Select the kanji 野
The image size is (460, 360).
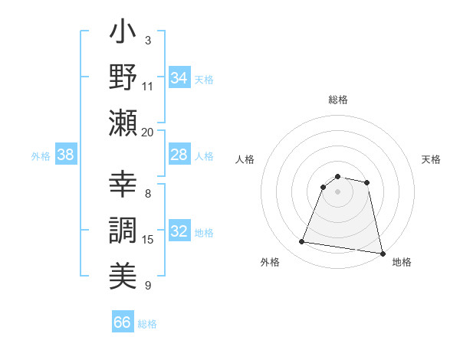(123, 79)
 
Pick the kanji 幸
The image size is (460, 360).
(123, 187)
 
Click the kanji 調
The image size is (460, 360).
(123, 231)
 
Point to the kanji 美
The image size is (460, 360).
(123, 274)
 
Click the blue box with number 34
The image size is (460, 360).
(179, 78)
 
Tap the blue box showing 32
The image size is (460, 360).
(179, 232)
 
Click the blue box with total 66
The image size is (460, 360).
(123, 322)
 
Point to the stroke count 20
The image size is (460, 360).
(147, 132)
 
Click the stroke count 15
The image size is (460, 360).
(148, 240)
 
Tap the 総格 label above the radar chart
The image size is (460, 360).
(338, 100)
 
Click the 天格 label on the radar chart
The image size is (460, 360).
(431, 159)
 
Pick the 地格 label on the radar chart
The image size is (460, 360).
(401, 263)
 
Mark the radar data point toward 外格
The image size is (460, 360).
(302, 242)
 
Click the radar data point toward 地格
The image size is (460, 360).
(381, 253)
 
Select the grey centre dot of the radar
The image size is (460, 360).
(338, 191)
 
